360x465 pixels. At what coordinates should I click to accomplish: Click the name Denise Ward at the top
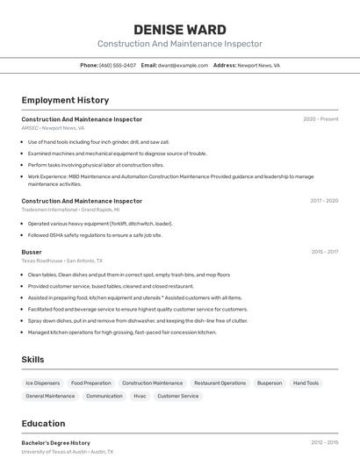tap(179, 30)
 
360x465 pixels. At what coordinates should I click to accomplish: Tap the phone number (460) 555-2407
tap(118, 65)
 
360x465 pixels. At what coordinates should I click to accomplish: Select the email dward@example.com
tap(183, 65)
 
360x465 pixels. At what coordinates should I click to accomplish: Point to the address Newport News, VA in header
tap(259, 65)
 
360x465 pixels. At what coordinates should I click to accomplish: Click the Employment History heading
tap(65, 101)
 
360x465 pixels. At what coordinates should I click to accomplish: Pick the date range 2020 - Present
tap(320, 119)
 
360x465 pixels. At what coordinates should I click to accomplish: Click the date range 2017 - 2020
tap(324, 201)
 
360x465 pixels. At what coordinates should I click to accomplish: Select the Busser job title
tap(32, 252)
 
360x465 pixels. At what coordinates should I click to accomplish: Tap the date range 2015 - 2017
tap(324, 252)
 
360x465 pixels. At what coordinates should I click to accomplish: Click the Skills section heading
tap(32, 360)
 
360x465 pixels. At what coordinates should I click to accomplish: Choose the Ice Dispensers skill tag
tap(43, 383)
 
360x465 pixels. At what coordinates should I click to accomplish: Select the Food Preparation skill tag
tap(91, 383)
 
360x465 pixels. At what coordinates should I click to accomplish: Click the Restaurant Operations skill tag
tap(220, 383)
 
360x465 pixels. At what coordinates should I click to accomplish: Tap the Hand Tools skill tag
tap(306, 383)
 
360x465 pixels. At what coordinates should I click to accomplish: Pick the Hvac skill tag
tap(140, 397)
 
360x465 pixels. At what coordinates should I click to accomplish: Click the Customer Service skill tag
tap(178, 397)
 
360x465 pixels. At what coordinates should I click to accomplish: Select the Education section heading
tap(43, 424)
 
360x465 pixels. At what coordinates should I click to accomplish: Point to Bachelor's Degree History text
tap(55, 443)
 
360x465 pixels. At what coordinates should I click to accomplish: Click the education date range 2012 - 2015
tap(324, 443)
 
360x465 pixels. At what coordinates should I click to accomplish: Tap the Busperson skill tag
tap(270, 383)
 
